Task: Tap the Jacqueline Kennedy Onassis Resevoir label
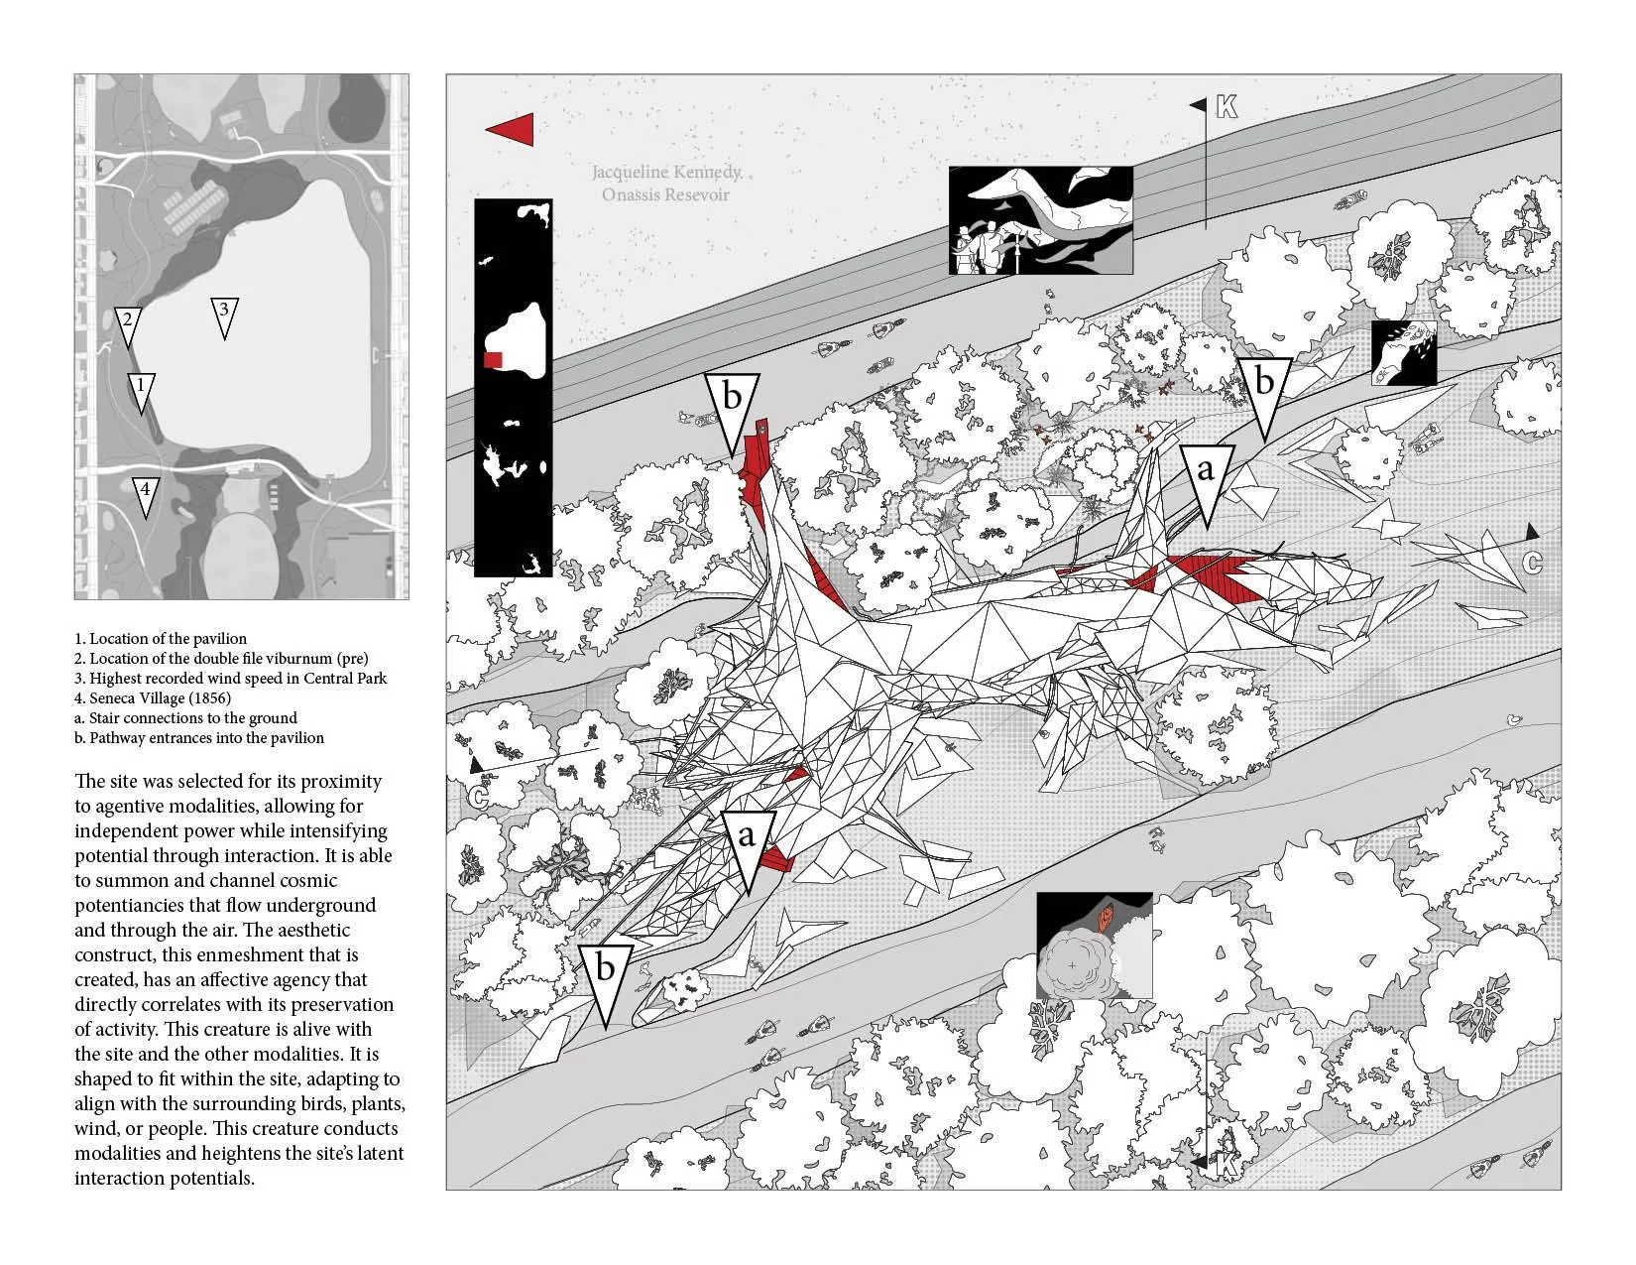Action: coord(665,183)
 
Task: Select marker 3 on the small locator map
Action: coord(224,314)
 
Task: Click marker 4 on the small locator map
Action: coord(145,492)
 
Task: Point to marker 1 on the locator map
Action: coord(141,388)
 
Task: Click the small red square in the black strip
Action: coord(493,359)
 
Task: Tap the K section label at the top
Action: coord(1227,107)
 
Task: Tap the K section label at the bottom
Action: coord(1227,1166)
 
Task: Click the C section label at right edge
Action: coord(1532,564)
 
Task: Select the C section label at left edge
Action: coord(479,795)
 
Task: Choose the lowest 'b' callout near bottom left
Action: coord(605,970)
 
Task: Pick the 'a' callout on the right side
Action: coord(1205,472)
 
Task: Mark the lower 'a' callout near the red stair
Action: coord(746,839)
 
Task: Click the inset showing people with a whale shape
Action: coord(1040,220)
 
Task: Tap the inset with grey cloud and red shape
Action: coord(1095,945)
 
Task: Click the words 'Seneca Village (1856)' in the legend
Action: coord(161,697)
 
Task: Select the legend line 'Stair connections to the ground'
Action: coord(192,717)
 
